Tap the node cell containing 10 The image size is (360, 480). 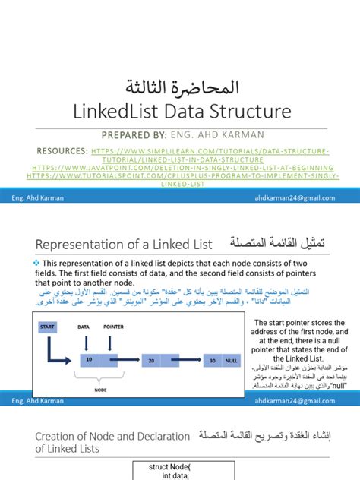89,359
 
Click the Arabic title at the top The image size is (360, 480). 180,86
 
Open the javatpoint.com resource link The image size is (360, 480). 180,168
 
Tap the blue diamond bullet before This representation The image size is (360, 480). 36,262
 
